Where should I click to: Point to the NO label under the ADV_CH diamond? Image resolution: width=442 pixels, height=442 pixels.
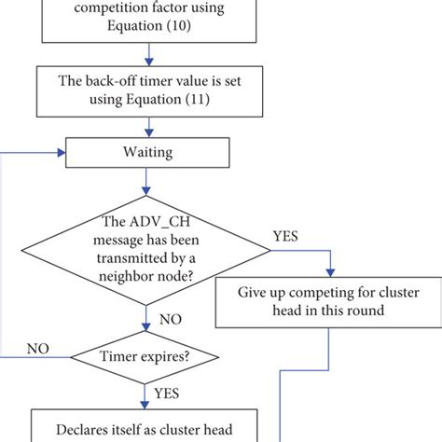coord(169,319)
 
